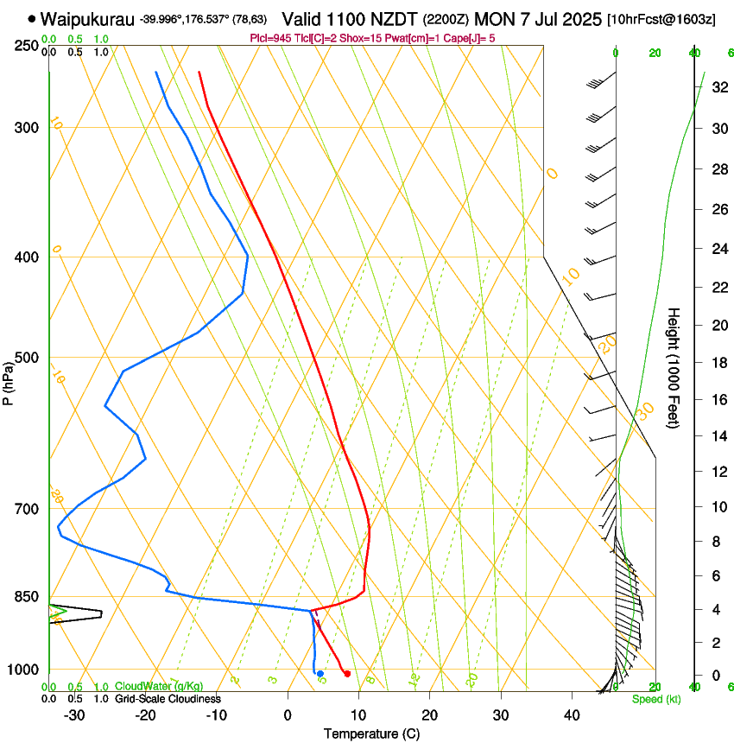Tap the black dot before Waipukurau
(x=32, y=18)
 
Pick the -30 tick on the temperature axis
(x=74, y=714)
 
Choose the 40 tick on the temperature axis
(x=572, y=714)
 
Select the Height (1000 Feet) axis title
(x=674, y=367)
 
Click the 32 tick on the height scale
(x=718, y=87)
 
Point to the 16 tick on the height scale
(x=718, y=400)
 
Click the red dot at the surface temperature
(x=347, y=674)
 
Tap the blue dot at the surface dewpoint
(x=320, y=674)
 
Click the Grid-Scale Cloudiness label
(x=168, y=698)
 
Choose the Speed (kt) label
(x=655, y=699)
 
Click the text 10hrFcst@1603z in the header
(x=661, y=19)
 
